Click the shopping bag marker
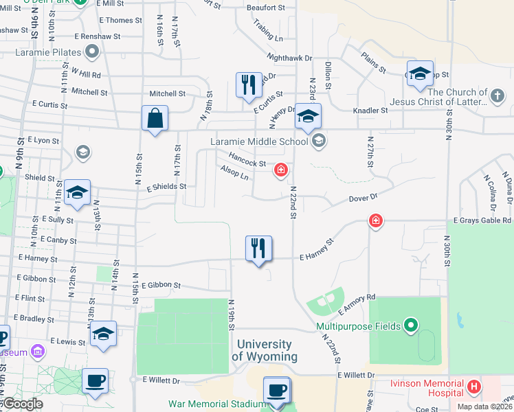(155, 118)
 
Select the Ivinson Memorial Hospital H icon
(473, 387)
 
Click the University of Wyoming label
(265, 350)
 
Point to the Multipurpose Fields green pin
(411, 325)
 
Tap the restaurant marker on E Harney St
(258, 249)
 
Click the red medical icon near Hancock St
(280, 169)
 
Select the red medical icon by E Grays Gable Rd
(375, 220)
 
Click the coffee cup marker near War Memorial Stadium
(277, 391)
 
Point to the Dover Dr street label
(364, 197)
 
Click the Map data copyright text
(484, 407)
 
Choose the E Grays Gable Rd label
(482, 220)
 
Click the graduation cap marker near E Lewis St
(103, 334)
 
